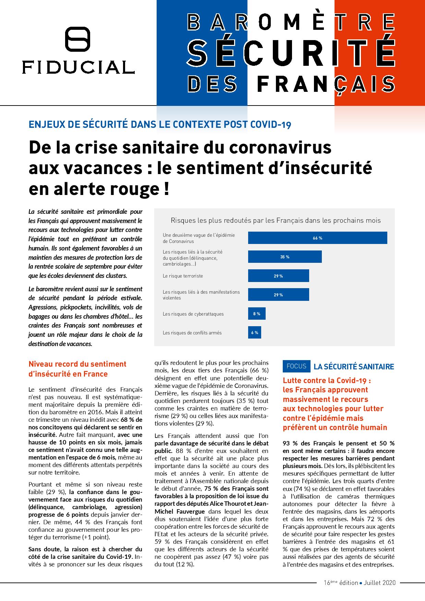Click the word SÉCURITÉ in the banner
[291, 54]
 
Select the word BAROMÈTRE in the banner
[291, 23]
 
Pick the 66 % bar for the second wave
[317, 238]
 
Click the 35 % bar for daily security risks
[284, 257]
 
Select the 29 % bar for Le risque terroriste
[278, 276]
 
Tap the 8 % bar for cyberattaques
[257, 314]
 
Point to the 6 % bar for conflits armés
[254, 332]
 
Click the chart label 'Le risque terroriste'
[183, 276]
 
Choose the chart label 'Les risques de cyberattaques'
[193, 314]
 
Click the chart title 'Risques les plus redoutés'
[276, 220]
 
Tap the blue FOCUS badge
[296, 366]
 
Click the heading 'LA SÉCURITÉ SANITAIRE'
[354, 367]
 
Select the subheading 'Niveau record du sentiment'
[77, 364]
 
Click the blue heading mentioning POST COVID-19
[160, 124]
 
